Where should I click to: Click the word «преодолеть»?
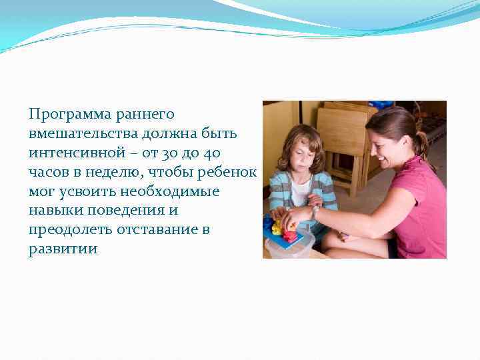point(65,230)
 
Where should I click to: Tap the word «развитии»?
point(63,249)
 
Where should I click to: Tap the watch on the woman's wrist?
point(315,212)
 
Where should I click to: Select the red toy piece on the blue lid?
point(290,235)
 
